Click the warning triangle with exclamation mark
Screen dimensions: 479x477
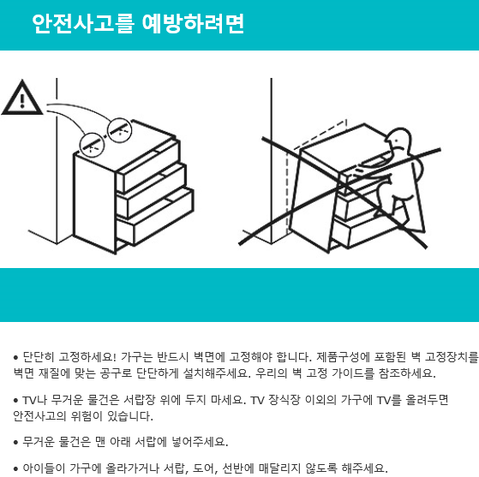click(x=22, y=98)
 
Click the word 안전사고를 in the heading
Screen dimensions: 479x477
click(x=83, y=23)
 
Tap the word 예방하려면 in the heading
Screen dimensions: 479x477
click(x=193, y=23)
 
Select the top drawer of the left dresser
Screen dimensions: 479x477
click(x=148, y=165)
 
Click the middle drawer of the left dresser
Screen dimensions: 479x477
click(x=152, y=191)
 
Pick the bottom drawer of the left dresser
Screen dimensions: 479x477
click(x=155, y=218)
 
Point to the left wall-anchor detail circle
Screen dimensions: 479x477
click(x=92, y=145)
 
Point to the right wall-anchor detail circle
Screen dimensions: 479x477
click(x=120, y=130)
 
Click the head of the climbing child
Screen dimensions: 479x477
click(x=398, y=140)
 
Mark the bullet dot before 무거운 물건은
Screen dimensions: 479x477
click(x=16, y=443)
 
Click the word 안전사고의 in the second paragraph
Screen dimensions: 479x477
click(x=39, y=416)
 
